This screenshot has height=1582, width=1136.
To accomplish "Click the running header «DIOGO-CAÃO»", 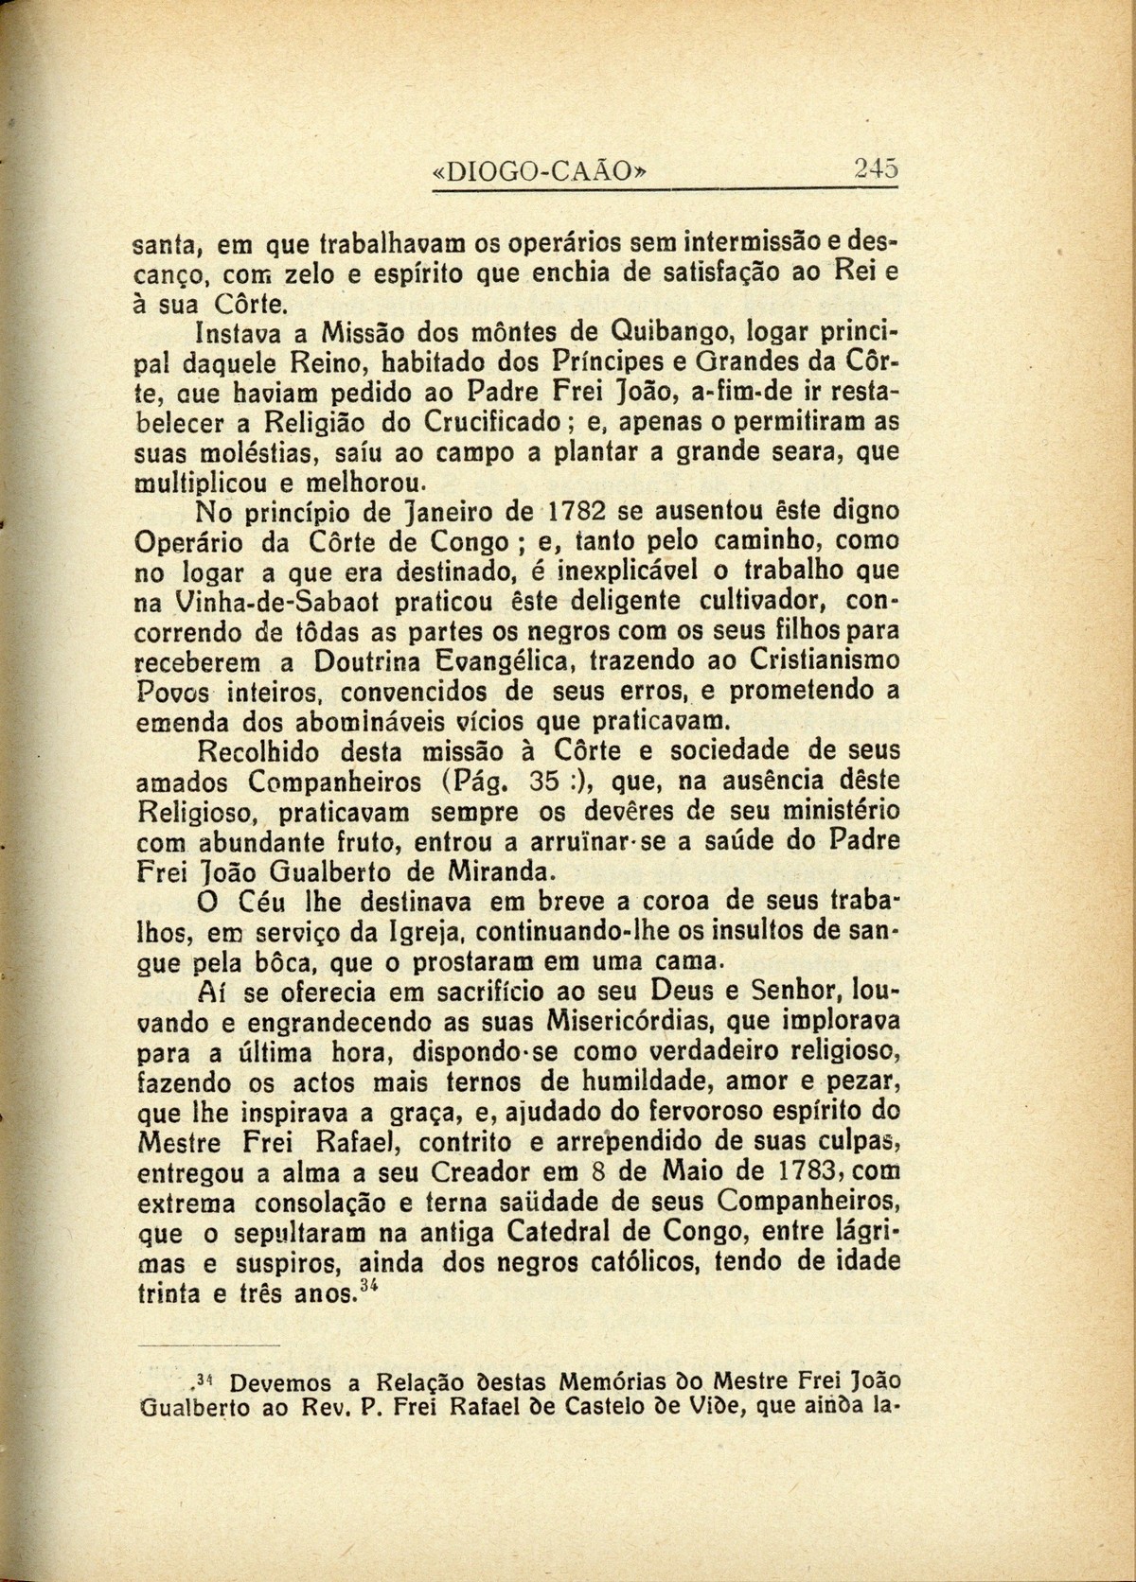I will pyautogui.click(x=542, y=172).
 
